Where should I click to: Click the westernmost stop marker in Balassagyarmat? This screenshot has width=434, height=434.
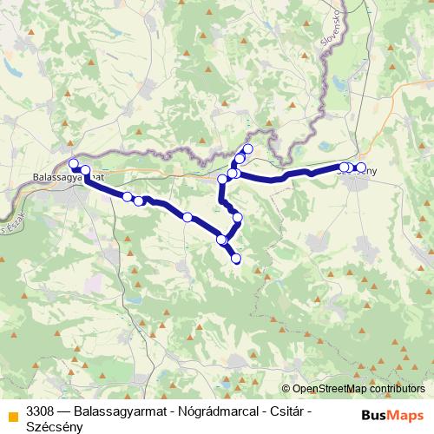click(x=74, y=163)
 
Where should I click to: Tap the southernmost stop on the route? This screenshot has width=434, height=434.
click(x=235, y=258)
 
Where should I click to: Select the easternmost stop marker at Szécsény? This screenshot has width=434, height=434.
click(x=361, y=168)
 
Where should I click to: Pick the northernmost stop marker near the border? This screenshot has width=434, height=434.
click(x=247, y=148)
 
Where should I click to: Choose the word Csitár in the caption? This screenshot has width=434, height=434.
click(x=285, y=410)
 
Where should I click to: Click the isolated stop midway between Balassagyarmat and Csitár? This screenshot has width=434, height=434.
click(x=187, y=216)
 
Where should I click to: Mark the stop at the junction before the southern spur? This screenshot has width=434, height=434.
click(x=221, y=240)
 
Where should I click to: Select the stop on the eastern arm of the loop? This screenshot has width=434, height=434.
click(x=237, y=217)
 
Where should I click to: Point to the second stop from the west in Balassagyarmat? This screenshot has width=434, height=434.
click(x=85, y=170)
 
